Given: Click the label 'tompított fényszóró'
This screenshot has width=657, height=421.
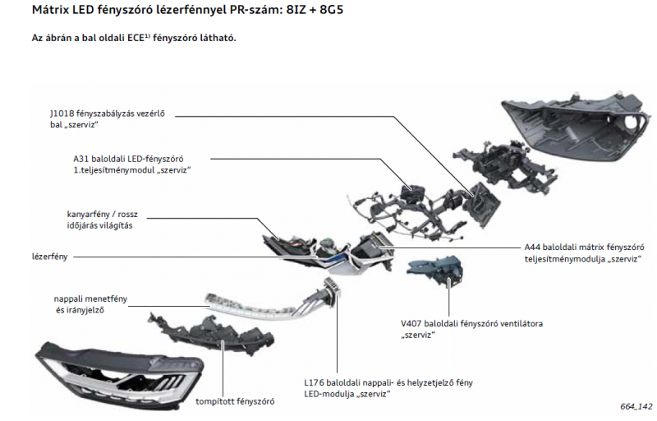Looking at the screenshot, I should pyautogui.click(x=235, y=401).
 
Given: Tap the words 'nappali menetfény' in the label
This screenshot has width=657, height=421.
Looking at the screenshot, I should pyautogui.click(x=90, y=298).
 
